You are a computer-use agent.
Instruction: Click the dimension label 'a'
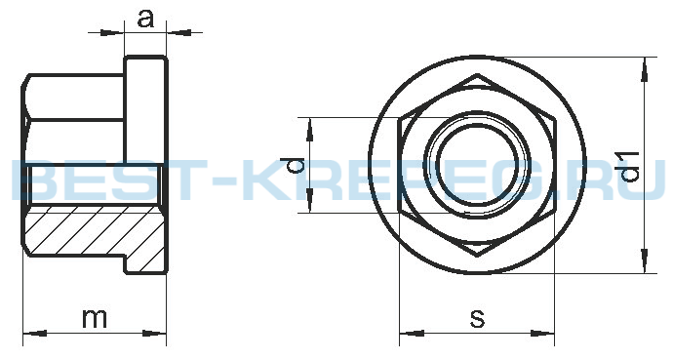coord(145,19)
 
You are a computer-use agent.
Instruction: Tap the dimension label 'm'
coord(95,318)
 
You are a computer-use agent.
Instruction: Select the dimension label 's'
coord(477,318)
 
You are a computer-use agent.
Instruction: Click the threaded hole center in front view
coord(477,165)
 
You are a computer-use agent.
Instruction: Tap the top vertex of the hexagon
coord(477,75)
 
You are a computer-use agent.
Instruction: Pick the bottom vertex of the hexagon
coord(477,257)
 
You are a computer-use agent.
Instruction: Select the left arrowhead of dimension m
coord(34,334)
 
